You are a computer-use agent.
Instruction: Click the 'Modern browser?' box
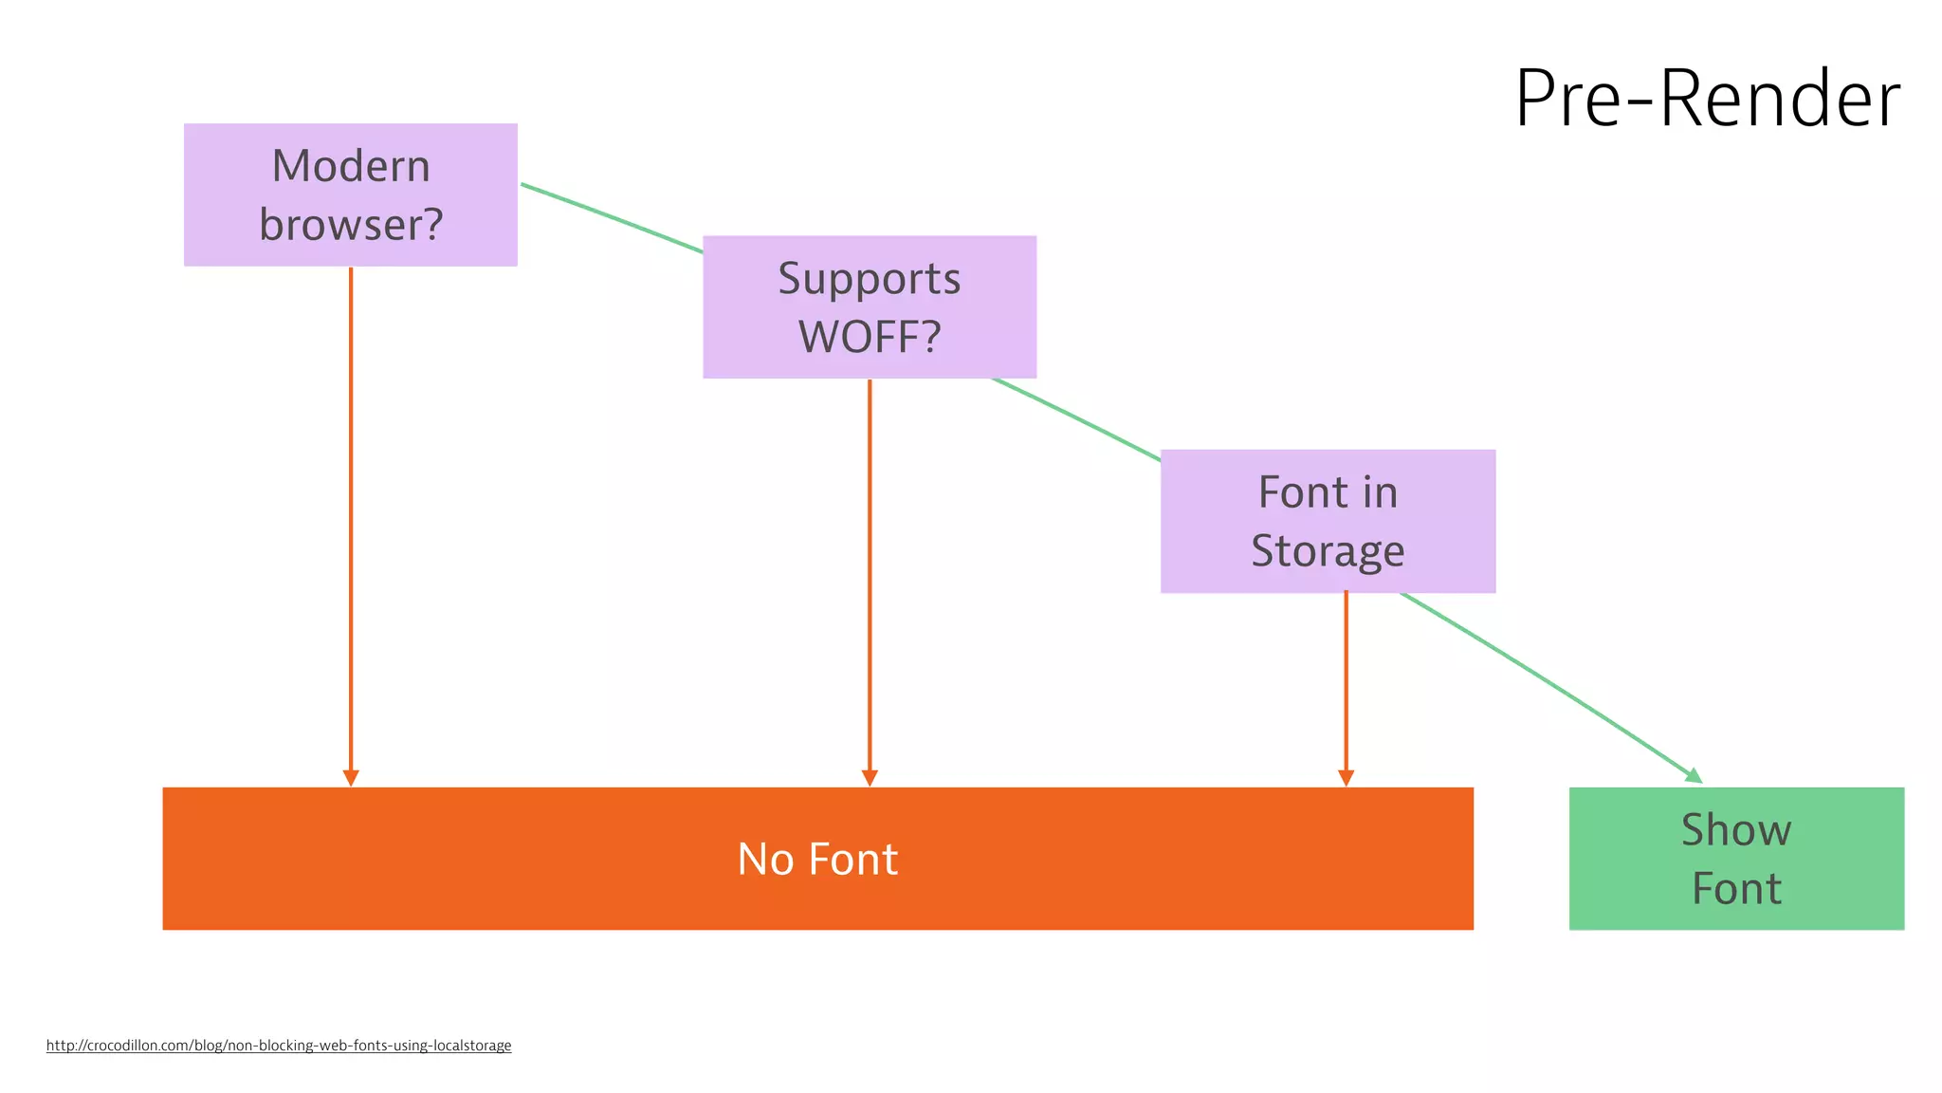[350, 195]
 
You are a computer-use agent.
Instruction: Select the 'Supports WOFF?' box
[869, 306]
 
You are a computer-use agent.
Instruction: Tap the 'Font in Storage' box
[1328, 521]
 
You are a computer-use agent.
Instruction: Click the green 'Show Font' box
[1736, 858]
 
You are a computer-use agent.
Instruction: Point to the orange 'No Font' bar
[817, 858]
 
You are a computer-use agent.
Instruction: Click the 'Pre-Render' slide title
[1707, 99]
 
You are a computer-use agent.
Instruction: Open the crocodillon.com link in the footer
[279, 1046]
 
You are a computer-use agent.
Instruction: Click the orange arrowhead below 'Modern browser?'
[351, 778]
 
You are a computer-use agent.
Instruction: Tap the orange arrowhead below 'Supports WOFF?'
[870, 778]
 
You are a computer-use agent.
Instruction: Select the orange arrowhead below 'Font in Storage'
[1346, 778]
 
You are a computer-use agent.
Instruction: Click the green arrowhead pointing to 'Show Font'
[1694, 775]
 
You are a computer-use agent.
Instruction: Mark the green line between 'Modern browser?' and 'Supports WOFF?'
[612, 218]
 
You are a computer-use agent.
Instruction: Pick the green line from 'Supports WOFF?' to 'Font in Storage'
[1076, 419]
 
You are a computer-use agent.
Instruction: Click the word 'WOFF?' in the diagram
[870, 337]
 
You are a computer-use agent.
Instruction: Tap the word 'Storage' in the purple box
[1328, 551]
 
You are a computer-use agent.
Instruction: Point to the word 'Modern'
[351, 166]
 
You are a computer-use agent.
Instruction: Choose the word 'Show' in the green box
[1736, 830]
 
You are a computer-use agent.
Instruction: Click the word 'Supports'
[870, 279]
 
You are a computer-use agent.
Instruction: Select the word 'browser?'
[351, 225]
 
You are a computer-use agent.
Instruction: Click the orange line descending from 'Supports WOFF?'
[870, 569]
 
